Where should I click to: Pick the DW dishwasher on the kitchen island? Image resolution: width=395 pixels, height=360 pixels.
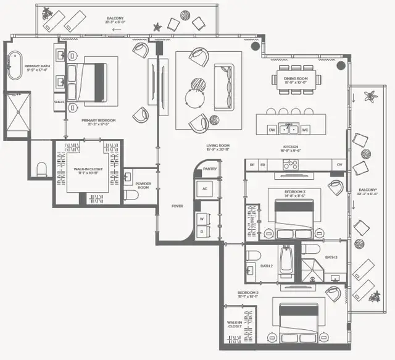pos(272,130)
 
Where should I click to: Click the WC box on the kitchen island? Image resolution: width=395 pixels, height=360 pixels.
pos(305,130)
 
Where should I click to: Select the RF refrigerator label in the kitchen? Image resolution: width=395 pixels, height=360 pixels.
pos(252,165)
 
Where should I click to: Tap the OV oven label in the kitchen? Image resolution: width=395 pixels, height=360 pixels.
pos(339,165)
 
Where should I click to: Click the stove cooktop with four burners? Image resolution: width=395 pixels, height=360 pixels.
pos(290,165)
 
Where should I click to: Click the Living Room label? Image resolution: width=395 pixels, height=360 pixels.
pos(219,147)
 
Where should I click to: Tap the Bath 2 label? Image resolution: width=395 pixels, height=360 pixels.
pos(267,266)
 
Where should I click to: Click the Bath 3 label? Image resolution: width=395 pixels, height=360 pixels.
pos(331,257)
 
